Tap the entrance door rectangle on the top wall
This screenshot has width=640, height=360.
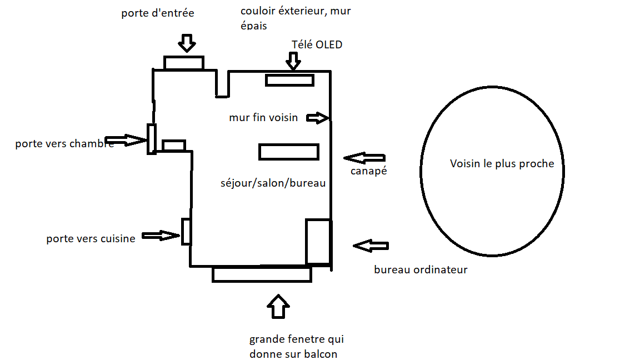(184, 63)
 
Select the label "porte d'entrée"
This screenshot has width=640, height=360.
(158, 13)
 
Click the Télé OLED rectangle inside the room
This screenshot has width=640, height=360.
(289, 80)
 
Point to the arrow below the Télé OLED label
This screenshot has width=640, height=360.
(293, 61)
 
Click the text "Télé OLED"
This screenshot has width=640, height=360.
(317, 44)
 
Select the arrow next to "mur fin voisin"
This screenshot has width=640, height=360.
(317, 118)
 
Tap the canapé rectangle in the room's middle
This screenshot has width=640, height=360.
(288, 152)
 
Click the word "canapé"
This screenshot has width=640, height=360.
(368, 171)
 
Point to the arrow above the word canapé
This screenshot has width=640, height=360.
(364, 157)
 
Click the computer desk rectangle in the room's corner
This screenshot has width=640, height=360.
(318, 242)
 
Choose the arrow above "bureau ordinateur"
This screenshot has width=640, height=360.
(371, 246)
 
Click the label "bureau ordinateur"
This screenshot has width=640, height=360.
(421, 270)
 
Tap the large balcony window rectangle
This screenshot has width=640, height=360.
(262, 274)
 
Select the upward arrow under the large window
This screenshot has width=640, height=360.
(278, 306)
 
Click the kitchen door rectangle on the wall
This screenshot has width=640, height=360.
(187, 232)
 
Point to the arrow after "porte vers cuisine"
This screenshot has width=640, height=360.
(161, 236)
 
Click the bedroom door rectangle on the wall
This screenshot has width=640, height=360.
(151, 139)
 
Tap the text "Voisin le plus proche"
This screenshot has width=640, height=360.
(502, 163)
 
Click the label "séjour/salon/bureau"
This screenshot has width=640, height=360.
(273, 182)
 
